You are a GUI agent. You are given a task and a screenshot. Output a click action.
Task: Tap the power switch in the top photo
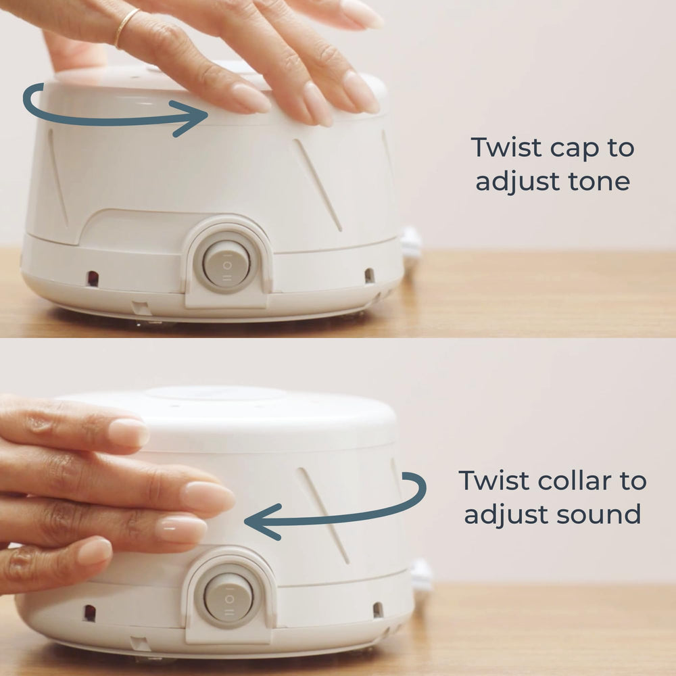click(226, 263)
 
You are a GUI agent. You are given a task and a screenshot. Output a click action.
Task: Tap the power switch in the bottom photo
click(228, 596)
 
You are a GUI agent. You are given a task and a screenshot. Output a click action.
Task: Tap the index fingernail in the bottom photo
click(128, 432)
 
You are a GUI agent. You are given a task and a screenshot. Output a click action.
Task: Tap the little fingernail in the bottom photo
click(95, 551)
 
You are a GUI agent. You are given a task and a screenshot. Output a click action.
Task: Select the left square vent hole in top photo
click(93, 278)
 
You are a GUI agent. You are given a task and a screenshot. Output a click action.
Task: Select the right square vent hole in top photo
click(369, 275)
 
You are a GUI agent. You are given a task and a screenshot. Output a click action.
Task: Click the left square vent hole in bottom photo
click(89, 612)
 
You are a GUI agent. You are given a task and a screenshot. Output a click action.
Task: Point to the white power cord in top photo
click(411, 243)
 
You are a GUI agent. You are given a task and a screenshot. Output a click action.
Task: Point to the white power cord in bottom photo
click(421, 576)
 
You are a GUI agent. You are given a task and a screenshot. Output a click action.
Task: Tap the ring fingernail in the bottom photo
click(180, 529)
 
